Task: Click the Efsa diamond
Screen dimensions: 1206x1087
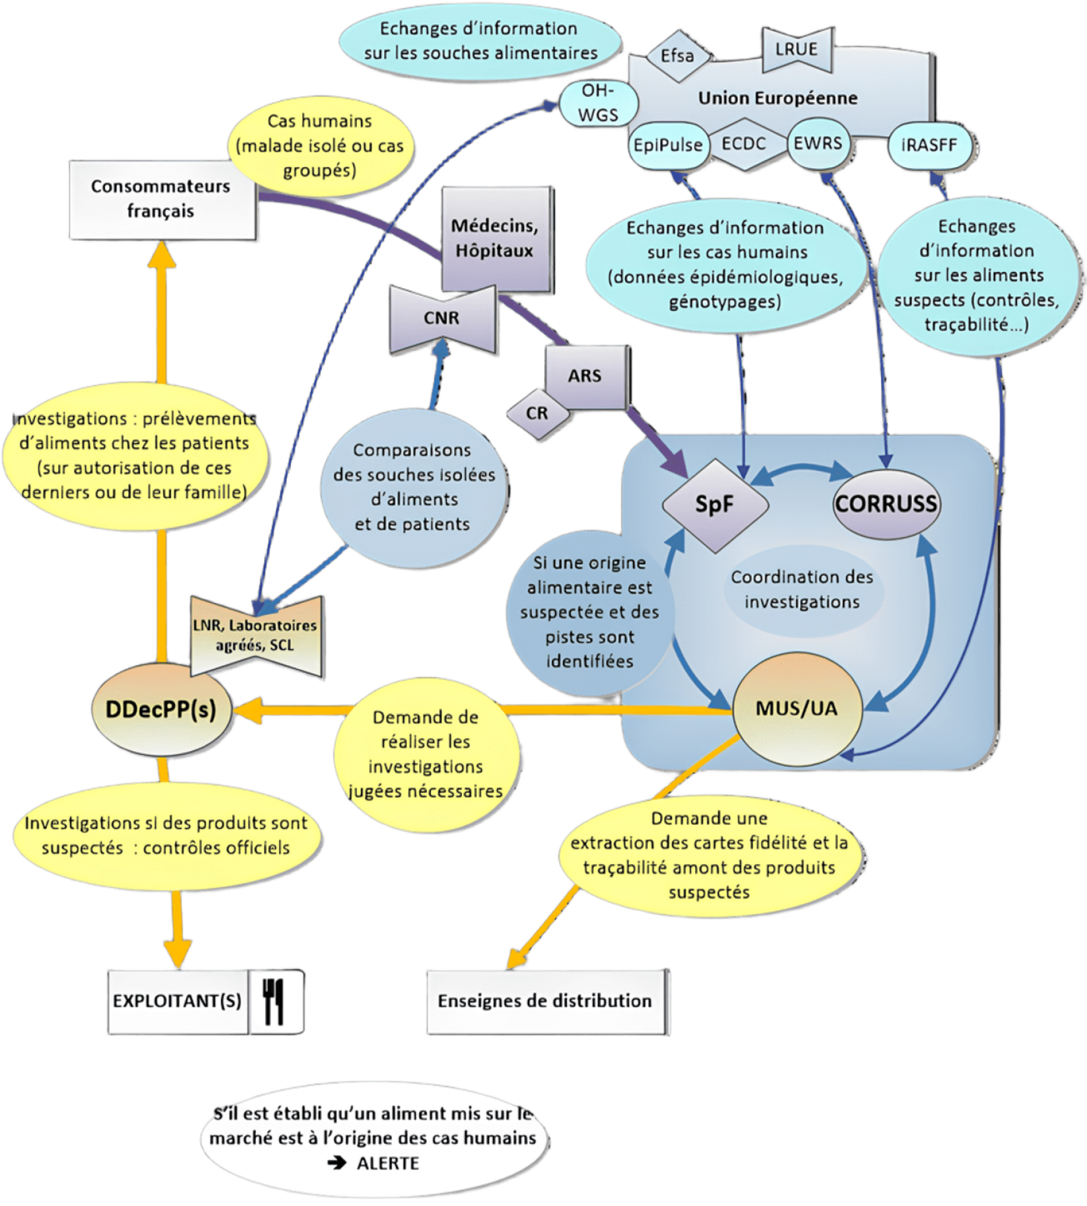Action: [677, 56]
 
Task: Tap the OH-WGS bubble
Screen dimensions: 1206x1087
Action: [597, 103]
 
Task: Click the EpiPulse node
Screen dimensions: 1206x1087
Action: [668, 144]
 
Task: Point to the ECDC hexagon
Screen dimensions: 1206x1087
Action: [744, 143]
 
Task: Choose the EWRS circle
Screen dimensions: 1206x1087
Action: [818, 142]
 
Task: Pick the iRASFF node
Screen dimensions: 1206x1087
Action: [929, 144]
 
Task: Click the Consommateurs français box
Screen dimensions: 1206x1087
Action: [161, 198]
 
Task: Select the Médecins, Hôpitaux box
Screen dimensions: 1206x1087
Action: [494, 238]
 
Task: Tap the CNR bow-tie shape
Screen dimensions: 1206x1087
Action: [442, 318]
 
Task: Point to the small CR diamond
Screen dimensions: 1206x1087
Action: [537, 413]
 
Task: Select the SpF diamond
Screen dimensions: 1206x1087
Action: [714, 505]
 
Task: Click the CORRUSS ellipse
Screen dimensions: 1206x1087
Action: [886, 504]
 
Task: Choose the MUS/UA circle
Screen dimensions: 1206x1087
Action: [796, 709]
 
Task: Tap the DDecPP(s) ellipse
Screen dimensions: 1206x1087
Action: [161, 709]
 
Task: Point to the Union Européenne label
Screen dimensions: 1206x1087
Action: [777, 98]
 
